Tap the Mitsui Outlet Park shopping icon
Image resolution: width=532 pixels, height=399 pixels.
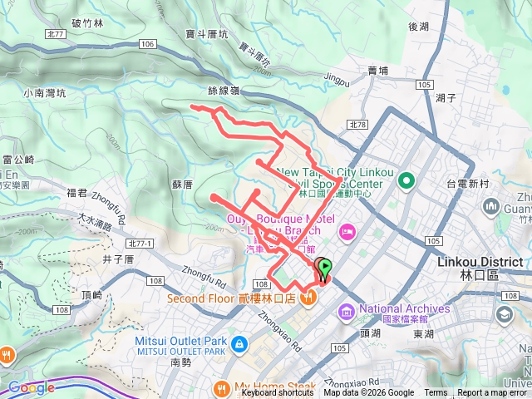coord(239,343)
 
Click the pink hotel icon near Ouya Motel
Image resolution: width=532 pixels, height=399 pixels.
coord(347,229)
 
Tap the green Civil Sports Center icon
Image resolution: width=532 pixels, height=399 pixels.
coord(406,180)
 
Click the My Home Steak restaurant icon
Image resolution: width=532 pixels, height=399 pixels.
coord(221,387)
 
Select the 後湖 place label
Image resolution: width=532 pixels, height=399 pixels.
coord(418,26)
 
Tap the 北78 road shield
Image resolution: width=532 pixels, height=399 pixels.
coord(358,125)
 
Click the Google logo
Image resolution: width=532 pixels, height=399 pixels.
coord(31,387)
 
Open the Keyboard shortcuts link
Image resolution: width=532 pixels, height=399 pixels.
coord(278,393)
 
